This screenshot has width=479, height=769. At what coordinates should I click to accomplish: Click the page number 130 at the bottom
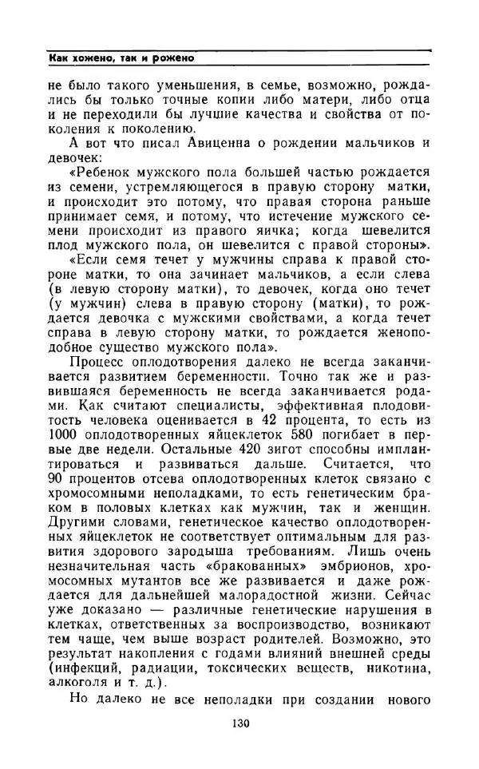pyautogui.click(x=239, y=724)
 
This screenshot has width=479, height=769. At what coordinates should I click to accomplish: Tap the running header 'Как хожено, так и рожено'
pyautogui.click(x=121, y=59)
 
